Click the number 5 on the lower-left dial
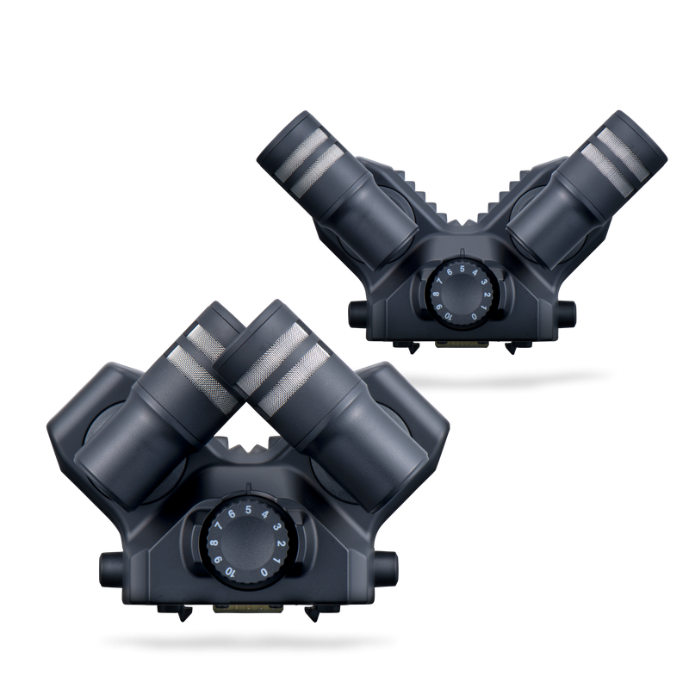(248, 510)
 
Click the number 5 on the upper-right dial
(462, 269)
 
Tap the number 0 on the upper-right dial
(474, 316)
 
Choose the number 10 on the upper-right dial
(448, 316)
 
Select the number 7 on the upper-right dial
(439, 282)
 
